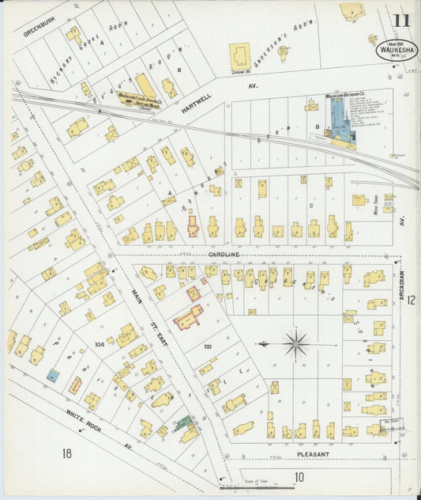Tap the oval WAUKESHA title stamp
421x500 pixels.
(397, 50)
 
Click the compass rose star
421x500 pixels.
(296, 344)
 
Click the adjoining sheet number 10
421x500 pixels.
(299, 476)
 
